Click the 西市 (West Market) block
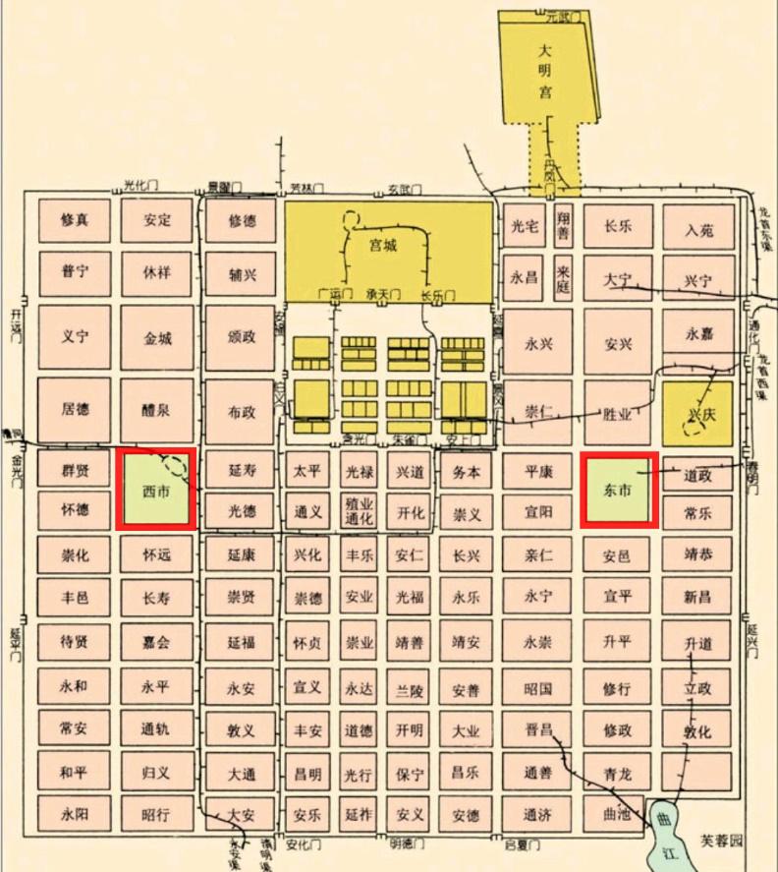pos(156,490)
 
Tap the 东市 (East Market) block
pos(617,490)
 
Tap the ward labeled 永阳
pos(74,814)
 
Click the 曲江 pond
pos(667,827)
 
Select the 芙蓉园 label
pos(723,842)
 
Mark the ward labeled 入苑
pos(699,229)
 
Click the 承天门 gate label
pos(382,294)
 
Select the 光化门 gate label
pos(141,185)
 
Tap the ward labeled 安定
pos(157,220)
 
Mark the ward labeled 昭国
pos(539,689)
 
